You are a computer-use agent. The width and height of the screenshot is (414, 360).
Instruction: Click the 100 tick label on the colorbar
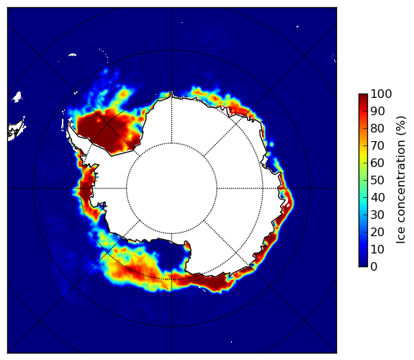click(x=381, y=94)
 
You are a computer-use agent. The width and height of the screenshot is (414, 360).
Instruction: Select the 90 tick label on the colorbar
click(x=377, y=111)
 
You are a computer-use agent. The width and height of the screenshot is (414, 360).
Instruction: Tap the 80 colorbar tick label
click(x=377, y=128)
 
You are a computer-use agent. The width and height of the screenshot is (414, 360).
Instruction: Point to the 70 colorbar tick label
click(x=377, y=145)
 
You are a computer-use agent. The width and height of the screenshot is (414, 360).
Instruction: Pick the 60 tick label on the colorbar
click(x=377, y=163)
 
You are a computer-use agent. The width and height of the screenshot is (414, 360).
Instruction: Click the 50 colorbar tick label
click(x=377, y=180)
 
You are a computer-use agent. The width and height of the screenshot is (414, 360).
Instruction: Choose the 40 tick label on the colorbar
click(x=377, y=197)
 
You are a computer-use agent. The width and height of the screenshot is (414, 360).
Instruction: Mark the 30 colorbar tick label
click(x=377, y=215)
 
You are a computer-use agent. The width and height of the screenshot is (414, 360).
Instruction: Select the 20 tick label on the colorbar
click(x=377, y=232)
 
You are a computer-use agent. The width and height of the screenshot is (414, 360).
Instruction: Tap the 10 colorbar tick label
click(x=377, y=249)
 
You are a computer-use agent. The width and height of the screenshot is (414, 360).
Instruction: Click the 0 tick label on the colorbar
click(x=374, y=267)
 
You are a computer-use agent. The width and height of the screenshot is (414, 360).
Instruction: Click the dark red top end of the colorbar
click(x=363, y=96)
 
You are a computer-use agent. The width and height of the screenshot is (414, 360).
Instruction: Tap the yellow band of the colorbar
click(x=363, y=154)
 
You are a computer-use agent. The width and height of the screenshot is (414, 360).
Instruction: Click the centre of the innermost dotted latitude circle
click(x=171, y=189)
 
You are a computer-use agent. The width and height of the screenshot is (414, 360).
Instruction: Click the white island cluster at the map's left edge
click(x=17, y=130)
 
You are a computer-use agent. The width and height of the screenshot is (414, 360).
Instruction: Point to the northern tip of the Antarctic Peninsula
click(x=69, y=122)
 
